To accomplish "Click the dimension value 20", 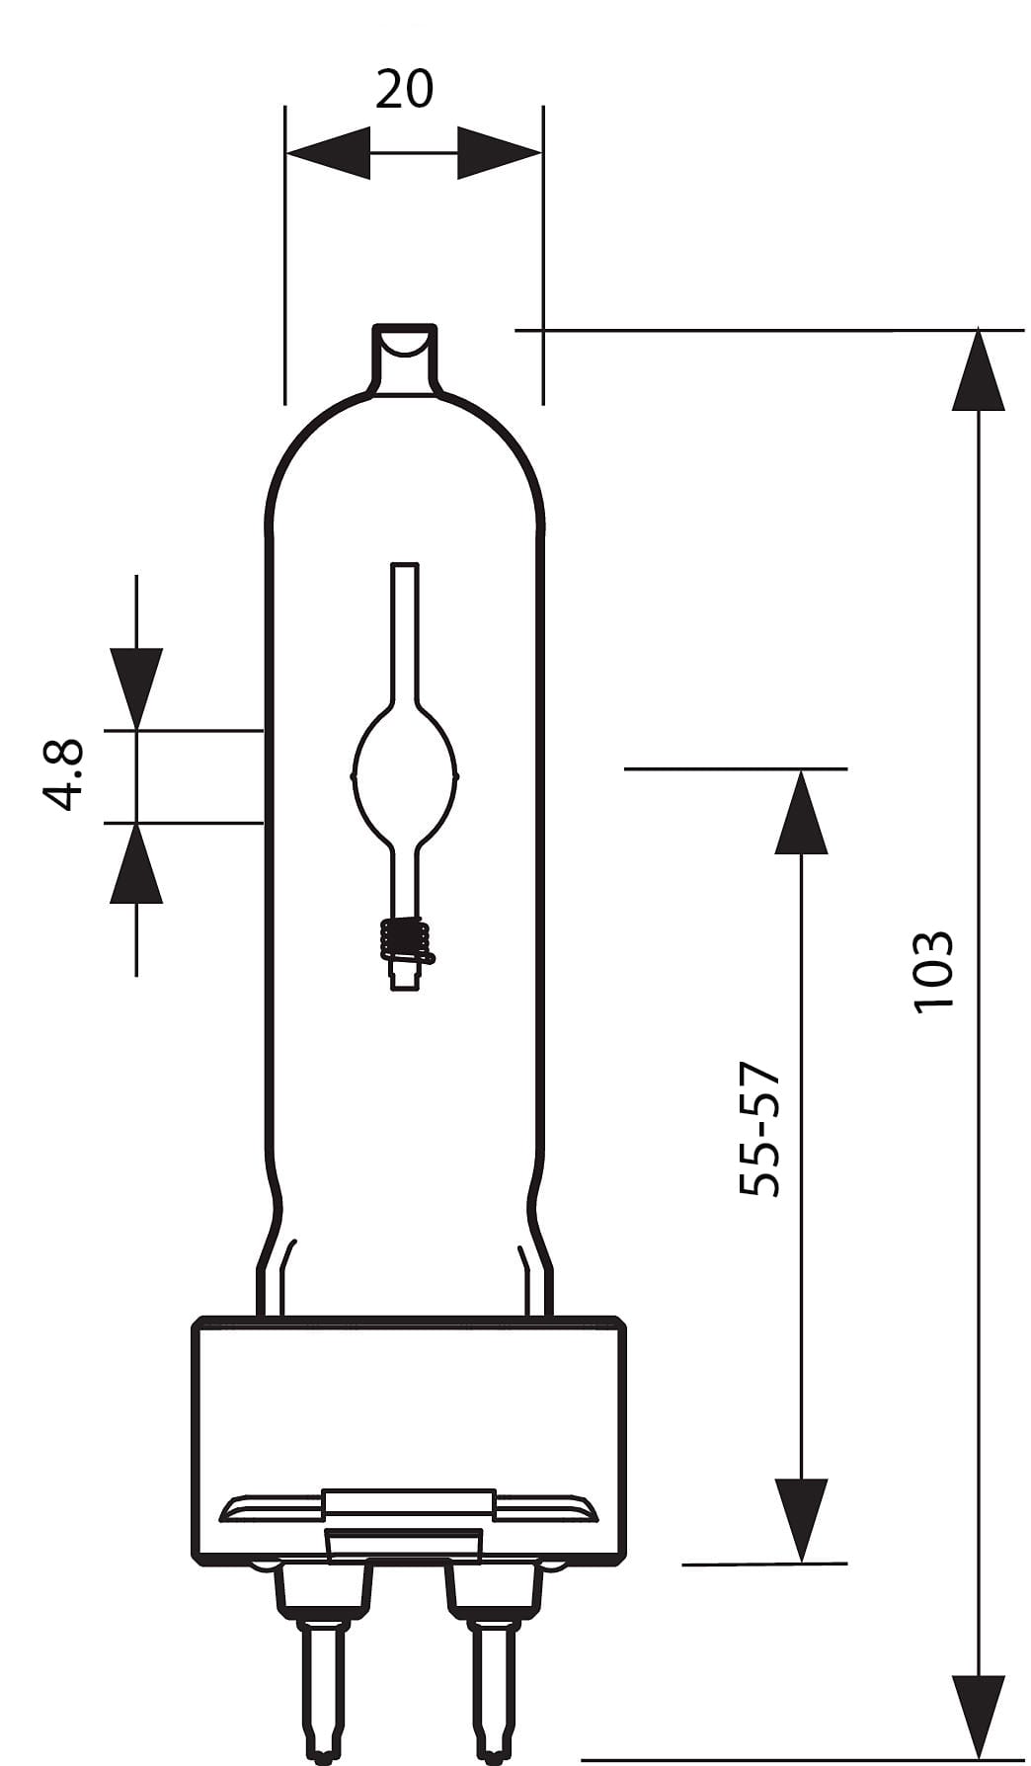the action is (404, 89).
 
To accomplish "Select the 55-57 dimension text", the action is (759, 1130).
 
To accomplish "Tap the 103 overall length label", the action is (932, 972).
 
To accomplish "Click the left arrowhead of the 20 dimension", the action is (328, 153).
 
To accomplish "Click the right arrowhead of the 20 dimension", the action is (500, 153).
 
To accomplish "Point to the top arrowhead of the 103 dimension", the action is (978, 369).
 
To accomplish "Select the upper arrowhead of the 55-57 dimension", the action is (801, 811).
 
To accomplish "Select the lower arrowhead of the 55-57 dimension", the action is (801, 1521).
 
